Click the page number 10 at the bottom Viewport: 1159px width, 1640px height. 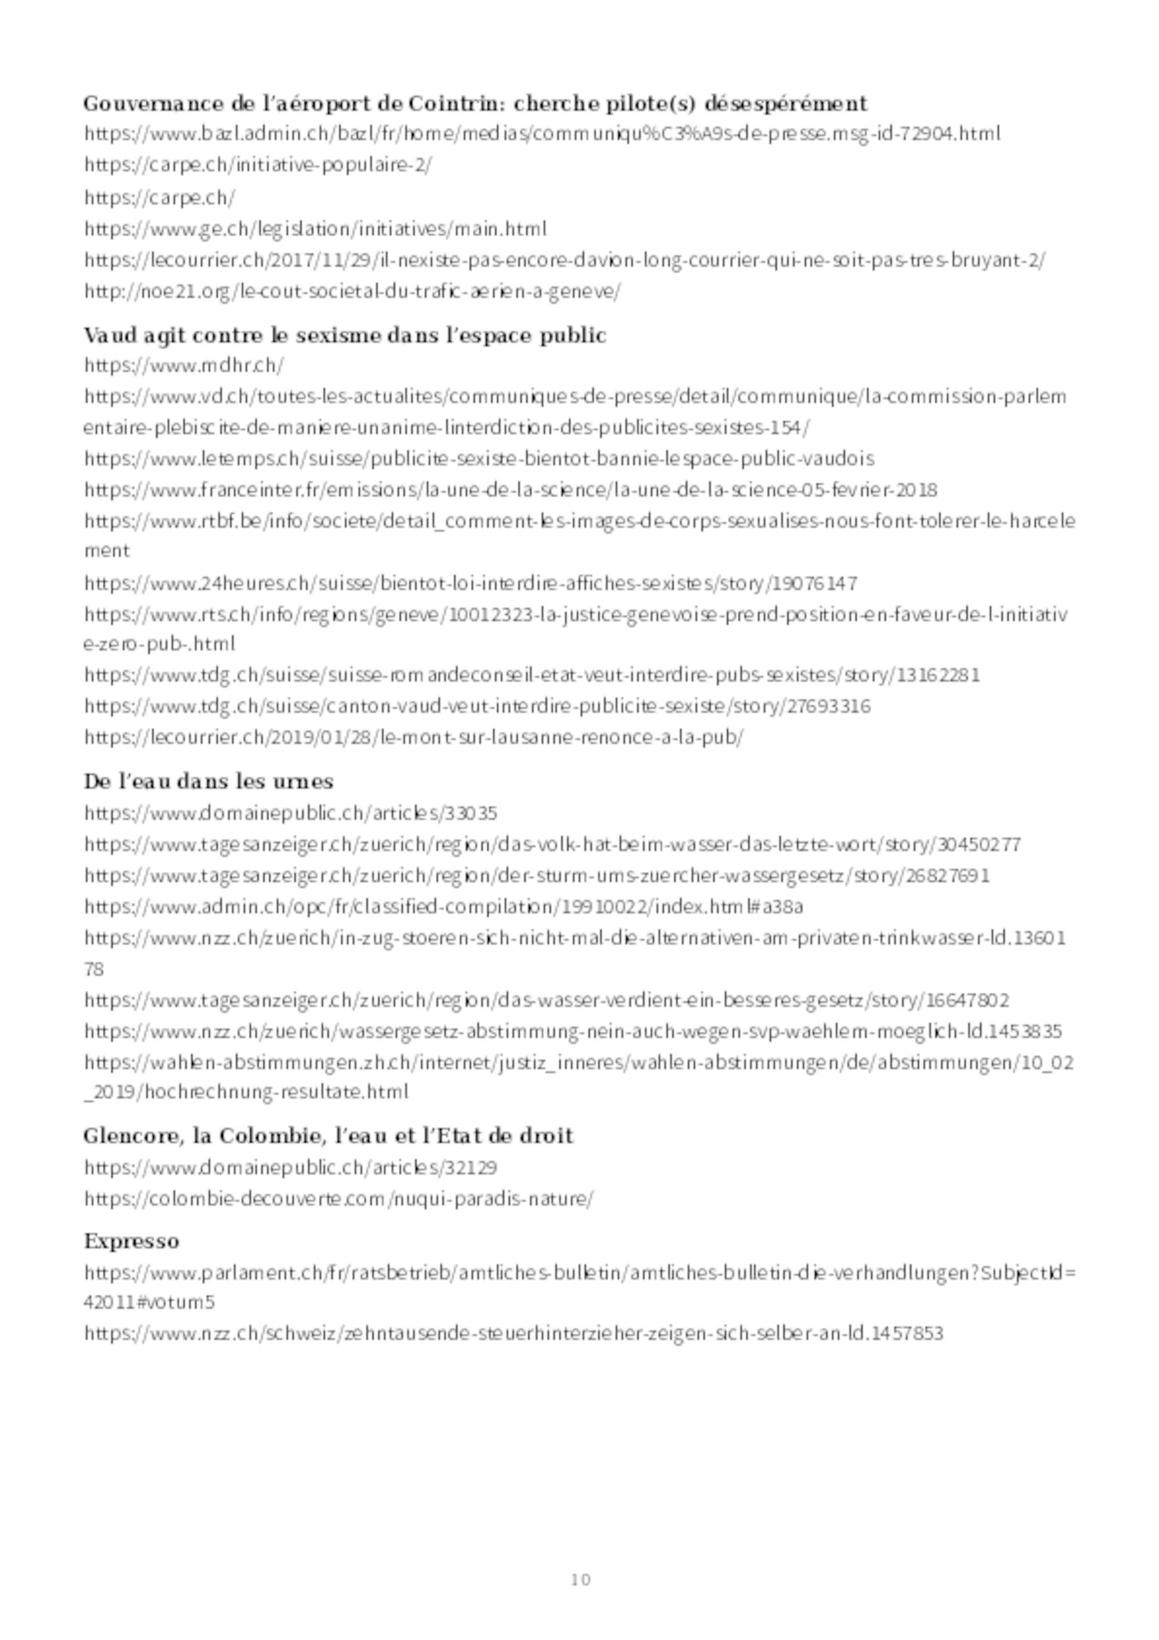[x=581, y=1579]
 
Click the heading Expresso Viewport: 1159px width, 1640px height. [x=132, y=1241]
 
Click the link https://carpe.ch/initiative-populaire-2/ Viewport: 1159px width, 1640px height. [x=258, y=165]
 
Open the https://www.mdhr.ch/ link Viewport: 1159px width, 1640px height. [x=184, y=366]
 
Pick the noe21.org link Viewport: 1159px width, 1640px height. [x=352, y=291]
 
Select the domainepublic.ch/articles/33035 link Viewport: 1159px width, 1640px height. [x=291, y=814]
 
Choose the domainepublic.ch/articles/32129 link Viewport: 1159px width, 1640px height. [x=291, y=1168]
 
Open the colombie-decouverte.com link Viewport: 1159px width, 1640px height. [x=338, y=1199]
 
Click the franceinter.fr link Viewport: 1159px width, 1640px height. [x=511, y=490]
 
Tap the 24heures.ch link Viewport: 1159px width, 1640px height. [x=471, y=584]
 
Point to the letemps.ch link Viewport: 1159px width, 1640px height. [x=479, y=458]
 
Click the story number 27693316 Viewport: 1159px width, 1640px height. [x=828, y=706]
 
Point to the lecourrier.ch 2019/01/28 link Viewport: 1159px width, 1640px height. [x=413, y=737]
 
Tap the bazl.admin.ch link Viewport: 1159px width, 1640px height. [x=542, y=133]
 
